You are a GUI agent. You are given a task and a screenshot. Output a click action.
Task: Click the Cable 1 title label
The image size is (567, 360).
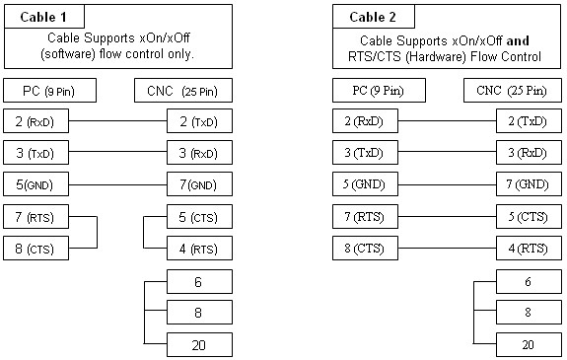click(43, 17)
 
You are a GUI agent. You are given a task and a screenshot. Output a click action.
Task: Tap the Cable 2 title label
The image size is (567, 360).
click(373, 17)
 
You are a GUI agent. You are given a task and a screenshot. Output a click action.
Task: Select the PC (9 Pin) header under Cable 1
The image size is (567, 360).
click(49, 91)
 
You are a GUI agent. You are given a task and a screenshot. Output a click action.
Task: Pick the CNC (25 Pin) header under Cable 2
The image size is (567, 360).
click(512, 91)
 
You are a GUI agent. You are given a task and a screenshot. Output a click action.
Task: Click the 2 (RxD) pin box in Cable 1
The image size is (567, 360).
click(35, 121)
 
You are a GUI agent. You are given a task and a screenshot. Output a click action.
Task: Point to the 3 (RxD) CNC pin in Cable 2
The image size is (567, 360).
click(529, 153)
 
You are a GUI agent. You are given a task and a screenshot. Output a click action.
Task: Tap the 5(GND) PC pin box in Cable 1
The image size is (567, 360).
click(35, 184)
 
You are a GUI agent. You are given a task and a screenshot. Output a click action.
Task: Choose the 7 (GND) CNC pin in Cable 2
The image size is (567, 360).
click(529, 184)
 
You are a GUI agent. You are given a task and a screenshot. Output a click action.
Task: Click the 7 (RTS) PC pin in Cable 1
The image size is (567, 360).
click(35, 216)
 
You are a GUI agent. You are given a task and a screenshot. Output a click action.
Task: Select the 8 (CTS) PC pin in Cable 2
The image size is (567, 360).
click(365, 249)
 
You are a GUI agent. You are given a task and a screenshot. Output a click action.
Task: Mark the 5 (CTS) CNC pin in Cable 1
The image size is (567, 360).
click(199, 216)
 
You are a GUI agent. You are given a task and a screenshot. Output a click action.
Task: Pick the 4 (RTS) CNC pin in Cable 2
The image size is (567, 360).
click(529, 249)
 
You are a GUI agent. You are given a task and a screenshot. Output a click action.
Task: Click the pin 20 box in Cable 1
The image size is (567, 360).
click(199, 345)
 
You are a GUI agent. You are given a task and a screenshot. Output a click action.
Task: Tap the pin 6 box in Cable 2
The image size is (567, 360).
click(529, 281)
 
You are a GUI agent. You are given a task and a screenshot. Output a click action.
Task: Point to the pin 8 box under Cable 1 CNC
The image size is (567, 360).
click(199, 312)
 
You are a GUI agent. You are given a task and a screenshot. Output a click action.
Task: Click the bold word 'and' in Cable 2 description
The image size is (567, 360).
click(518, 40)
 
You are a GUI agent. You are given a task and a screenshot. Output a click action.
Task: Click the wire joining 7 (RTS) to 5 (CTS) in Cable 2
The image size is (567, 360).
click(447, 217)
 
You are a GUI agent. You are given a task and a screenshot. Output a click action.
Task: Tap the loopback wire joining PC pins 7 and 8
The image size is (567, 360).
click(97, 233)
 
